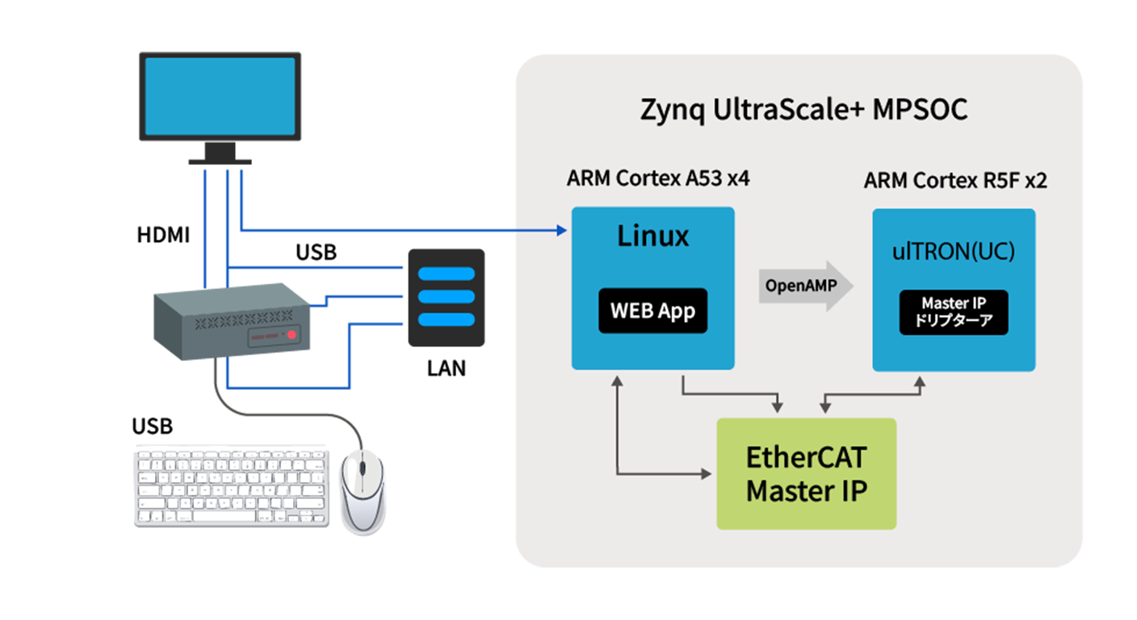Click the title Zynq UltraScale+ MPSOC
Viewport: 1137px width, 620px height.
[x=803, y=110]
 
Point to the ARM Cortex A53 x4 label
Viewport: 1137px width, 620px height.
[x=658, y=178]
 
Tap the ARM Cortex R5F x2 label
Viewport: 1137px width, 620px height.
[x=954, y=180]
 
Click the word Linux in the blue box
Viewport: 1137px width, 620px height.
[x=652, y=237]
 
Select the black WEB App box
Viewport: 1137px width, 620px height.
[x=652, y=311]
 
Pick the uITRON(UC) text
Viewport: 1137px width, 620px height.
[x=954, y=252]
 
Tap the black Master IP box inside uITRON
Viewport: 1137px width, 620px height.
[x=954, y=312]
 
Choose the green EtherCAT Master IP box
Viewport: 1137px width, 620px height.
[x=807, y=474]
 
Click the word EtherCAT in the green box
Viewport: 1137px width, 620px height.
[x=806, y=458]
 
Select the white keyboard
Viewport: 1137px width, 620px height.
[x=232, y=488]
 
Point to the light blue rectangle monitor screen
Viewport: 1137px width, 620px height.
[x=220, y=96]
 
